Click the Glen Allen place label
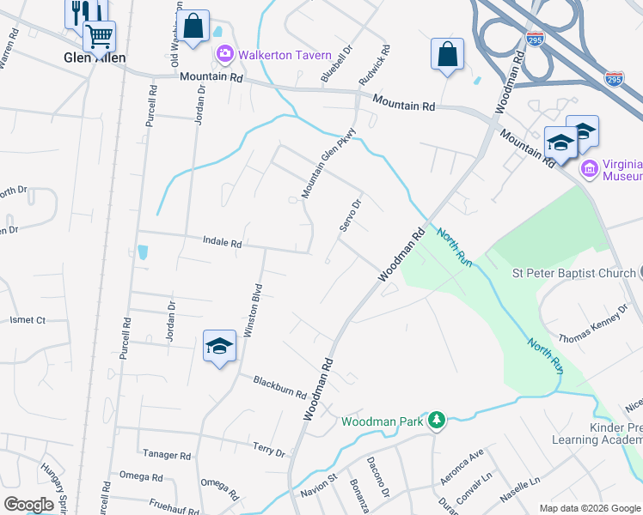95,58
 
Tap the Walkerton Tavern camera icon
225,55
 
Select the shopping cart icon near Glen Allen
100,36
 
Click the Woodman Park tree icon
438,420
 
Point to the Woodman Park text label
383,421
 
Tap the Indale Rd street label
223,243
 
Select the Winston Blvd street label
255,310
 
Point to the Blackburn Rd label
279,386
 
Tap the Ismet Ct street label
28,320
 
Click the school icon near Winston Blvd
219,347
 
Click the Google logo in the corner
29,505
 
